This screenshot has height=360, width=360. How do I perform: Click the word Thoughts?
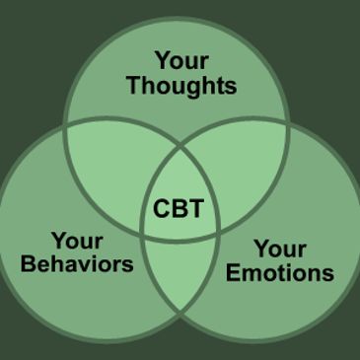181,85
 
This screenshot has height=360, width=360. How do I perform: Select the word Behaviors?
77,264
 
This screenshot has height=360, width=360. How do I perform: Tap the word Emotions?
280,273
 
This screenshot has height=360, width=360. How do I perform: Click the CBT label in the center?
179,209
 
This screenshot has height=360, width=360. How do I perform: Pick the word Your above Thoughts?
180,58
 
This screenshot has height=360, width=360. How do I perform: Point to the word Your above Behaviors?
77,240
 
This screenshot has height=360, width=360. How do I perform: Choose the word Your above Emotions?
280,248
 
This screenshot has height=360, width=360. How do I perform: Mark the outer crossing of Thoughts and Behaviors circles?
65,125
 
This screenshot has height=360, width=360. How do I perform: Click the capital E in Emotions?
233,273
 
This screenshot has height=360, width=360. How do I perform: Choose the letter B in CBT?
179,209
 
